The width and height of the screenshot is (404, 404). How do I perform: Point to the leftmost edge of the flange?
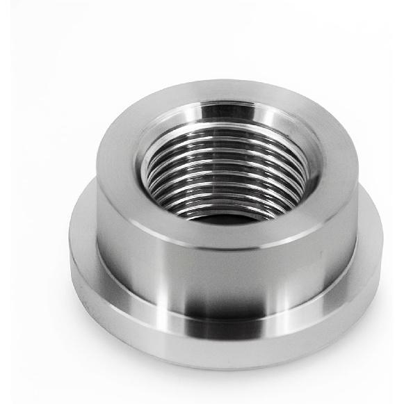click(x=70, y=243)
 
